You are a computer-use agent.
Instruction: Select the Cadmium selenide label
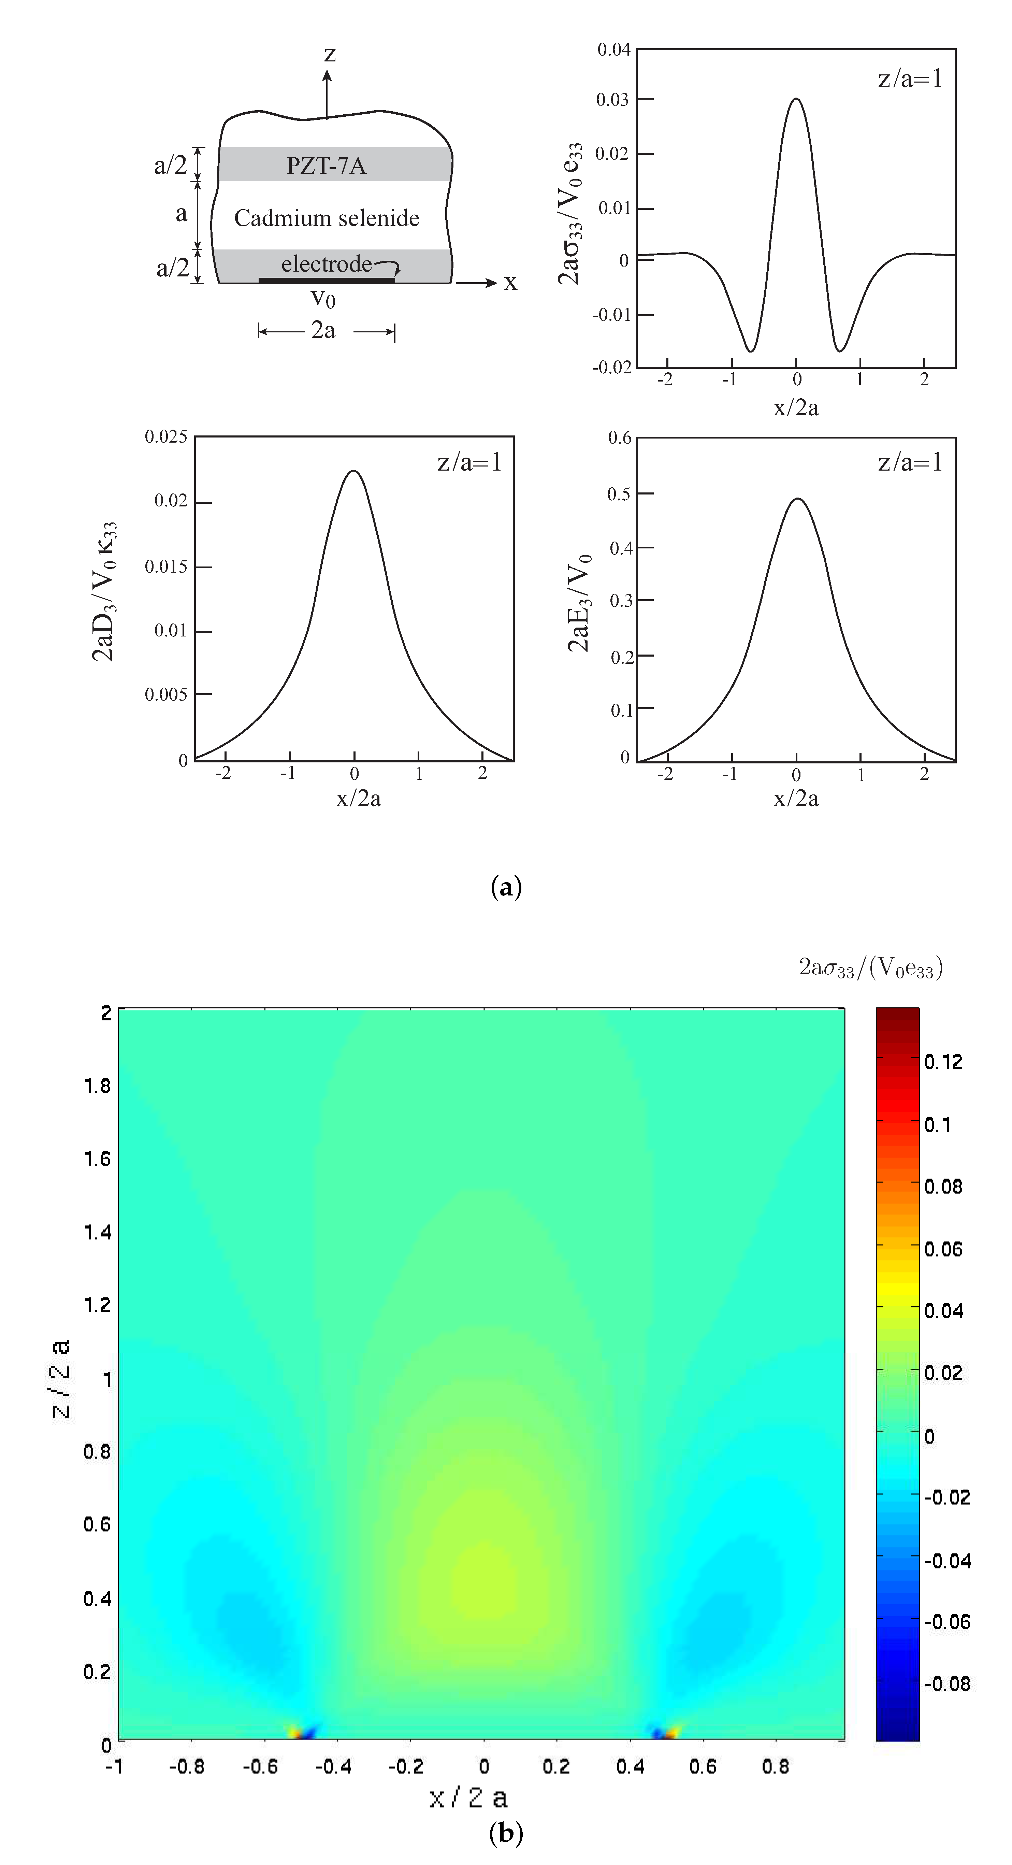(327, 218)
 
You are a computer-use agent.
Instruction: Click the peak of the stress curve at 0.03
(796, 99)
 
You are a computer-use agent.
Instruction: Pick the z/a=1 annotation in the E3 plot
(910, 462)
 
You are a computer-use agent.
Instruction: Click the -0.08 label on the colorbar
(947, 1683)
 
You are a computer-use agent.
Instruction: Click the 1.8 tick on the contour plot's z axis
(97, 1085)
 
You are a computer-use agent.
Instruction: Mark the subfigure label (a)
(505, 887)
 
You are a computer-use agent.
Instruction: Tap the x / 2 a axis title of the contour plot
(468, 1797)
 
